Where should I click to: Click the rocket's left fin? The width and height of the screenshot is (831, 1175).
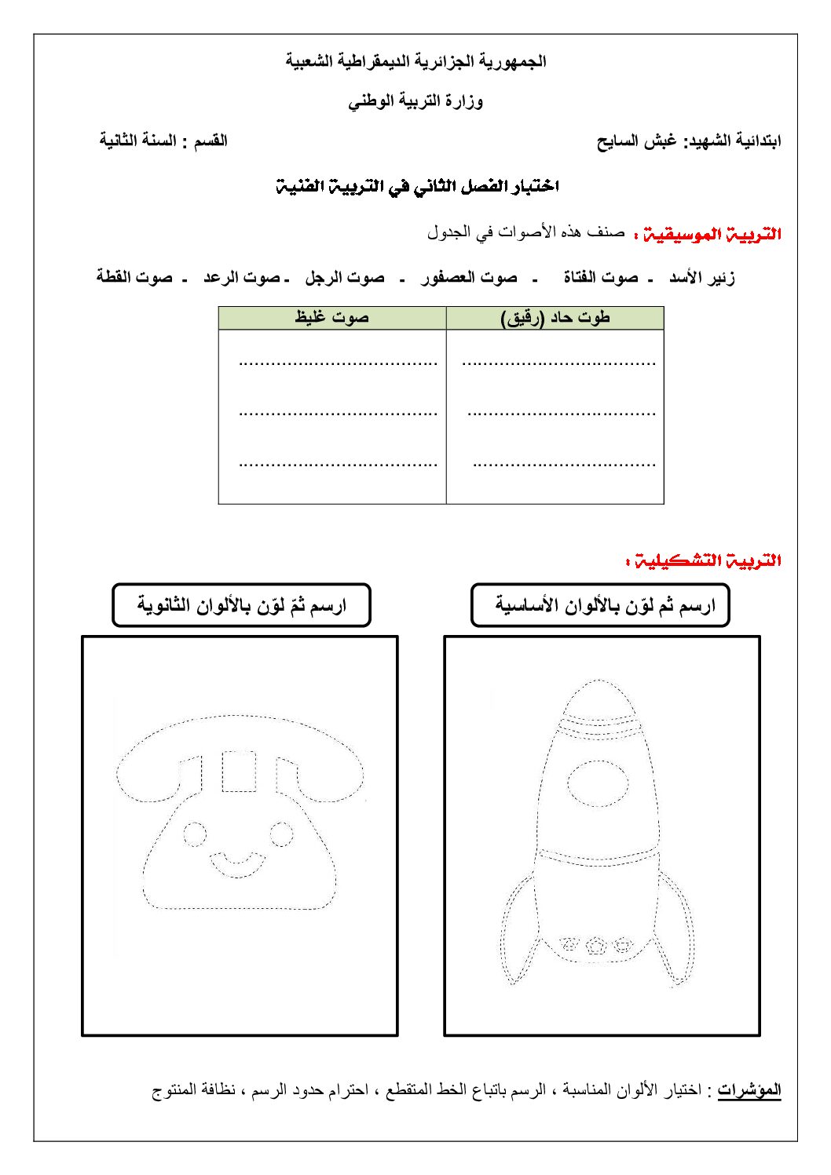pos(516,934)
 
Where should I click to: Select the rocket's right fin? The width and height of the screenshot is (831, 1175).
pos(679,934)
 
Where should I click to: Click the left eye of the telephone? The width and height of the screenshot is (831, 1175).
pos(194,833)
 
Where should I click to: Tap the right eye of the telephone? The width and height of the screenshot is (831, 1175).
pos(281,833)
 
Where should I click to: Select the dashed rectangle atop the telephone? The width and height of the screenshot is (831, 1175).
pos(239,772)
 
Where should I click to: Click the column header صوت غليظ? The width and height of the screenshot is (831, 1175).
pos(332,317)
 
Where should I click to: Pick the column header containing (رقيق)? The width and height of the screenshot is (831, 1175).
pos(555,317)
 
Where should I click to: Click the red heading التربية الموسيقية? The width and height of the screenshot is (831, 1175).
pos(712,234)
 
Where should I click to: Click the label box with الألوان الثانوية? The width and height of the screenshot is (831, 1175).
pos(241,605)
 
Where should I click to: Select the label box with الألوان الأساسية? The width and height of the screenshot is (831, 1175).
pos(600,605)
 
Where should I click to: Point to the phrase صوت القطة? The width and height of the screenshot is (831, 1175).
pos(134,278)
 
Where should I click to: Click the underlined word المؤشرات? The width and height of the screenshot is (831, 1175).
pos(749,1089)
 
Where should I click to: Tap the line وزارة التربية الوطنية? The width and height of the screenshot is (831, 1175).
pos(415,101)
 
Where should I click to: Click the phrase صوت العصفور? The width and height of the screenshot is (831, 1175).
pos(469,278)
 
